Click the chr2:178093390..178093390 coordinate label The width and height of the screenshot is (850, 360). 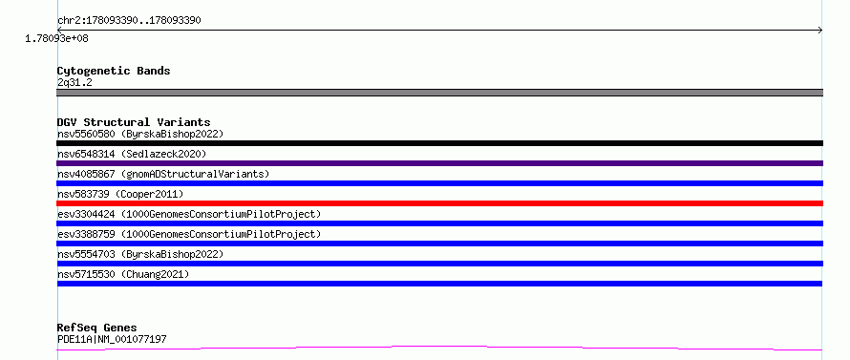130,21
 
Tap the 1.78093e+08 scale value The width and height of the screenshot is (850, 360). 57,38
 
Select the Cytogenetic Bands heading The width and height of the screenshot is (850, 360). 114,71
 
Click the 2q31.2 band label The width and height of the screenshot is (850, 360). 74,82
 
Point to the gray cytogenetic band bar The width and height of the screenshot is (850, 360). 439,93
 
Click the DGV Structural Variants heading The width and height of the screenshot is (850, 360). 134,122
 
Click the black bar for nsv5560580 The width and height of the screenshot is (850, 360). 439,143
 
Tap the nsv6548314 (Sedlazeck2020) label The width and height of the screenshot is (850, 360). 132,154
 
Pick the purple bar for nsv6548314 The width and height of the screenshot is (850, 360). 439,163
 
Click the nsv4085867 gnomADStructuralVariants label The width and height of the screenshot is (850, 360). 163,174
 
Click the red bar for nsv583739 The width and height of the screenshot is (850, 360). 439,203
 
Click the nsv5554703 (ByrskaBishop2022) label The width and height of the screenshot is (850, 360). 140,254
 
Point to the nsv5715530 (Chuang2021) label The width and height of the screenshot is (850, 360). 123,274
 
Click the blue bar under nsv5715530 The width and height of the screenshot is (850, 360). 439,284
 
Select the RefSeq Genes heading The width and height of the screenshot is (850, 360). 97,328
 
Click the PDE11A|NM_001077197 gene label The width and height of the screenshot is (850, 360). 112,339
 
